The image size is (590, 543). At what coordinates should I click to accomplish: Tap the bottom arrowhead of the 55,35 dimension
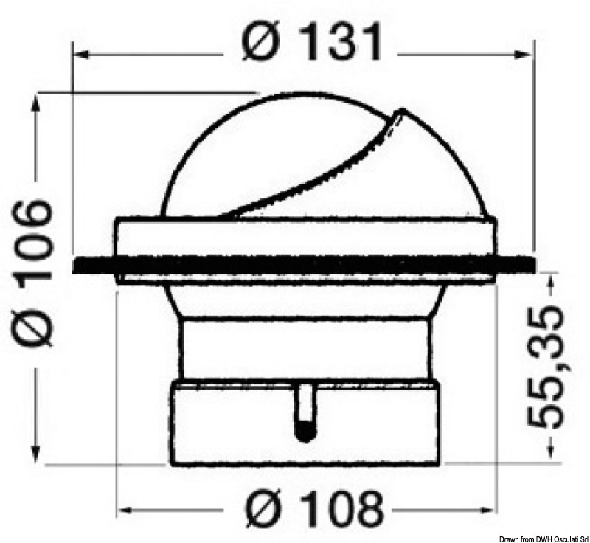546,457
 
